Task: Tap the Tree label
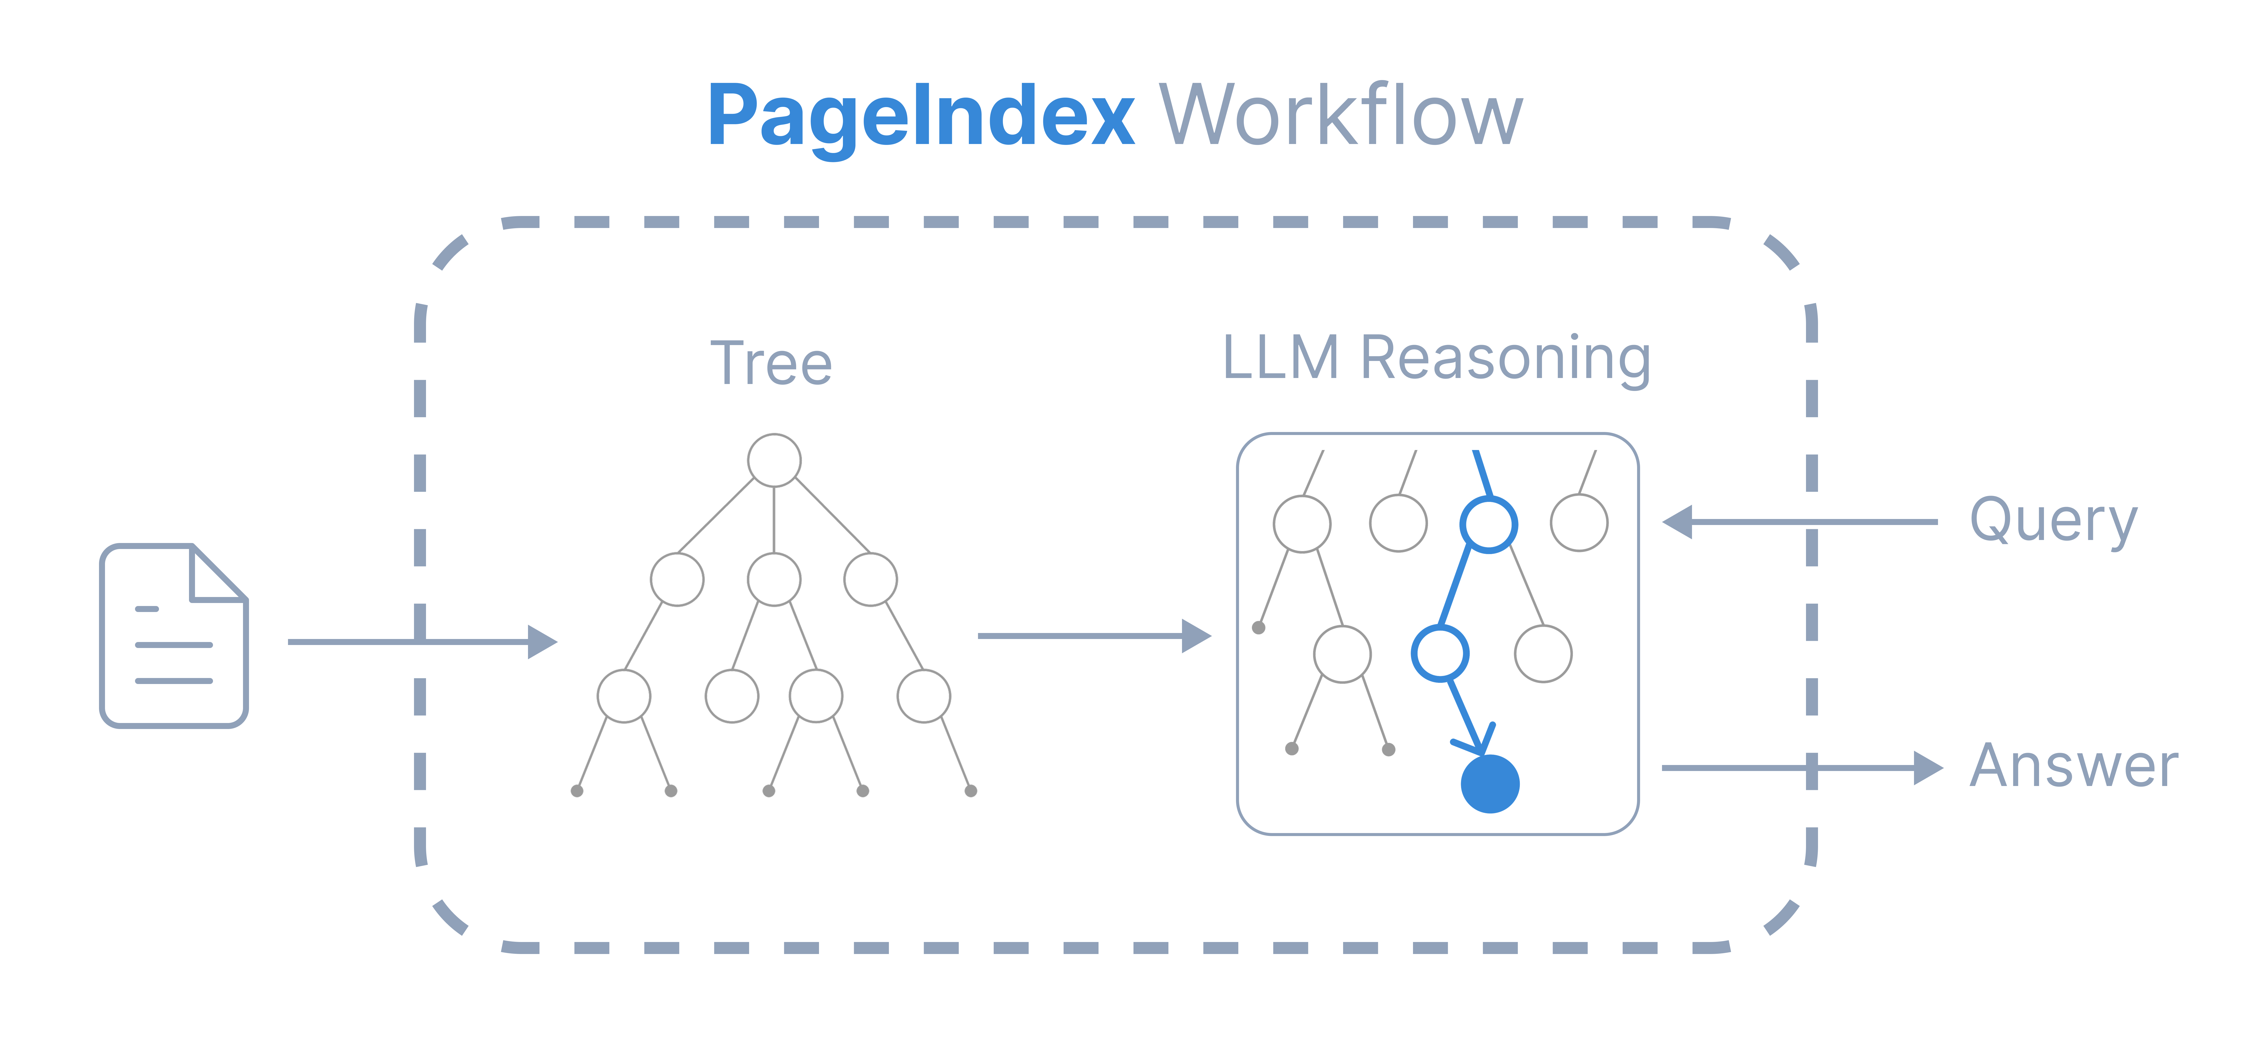click(x=771, y=363)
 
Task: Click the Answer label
click(x=2073, y=767)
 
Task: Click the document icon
click(x=174, y=636)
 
